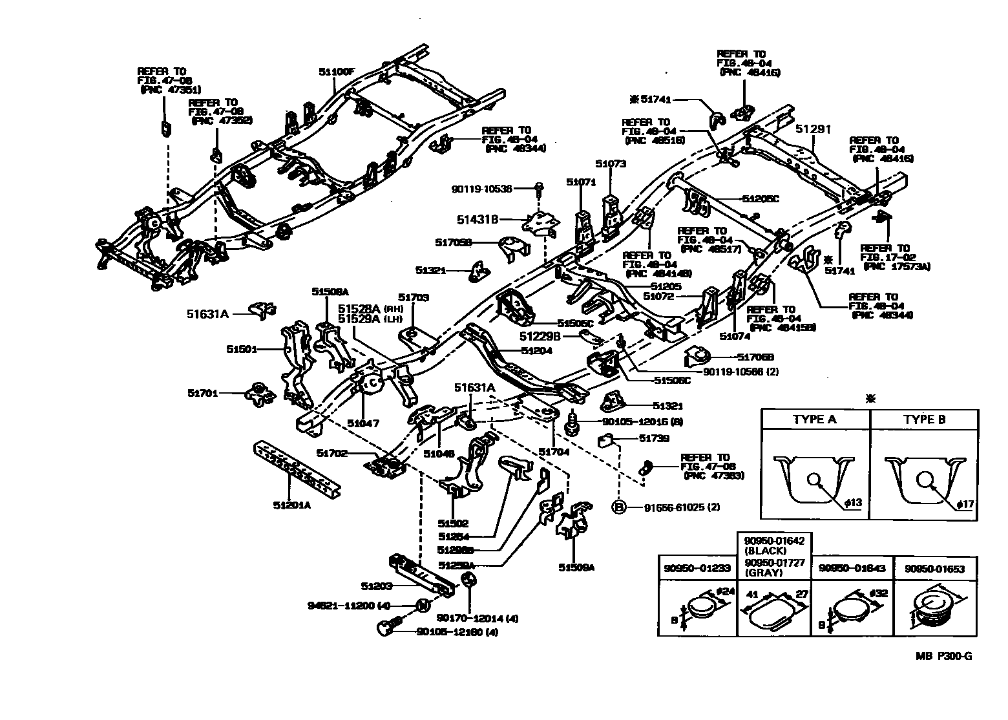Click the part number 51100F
tap(336, 72)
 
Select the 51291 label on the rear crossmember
tap(813, 129)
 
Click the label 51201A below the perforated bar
tap(291, 505)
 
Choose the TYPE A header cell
tap(814, 419)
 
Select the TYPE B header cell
tap(924, 419)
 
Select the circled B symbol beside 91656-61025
tap(619, 507)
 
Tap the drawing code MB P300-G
tap(943, 656)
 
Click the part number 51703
tap(414, 298)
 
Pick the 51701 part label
tap(203, 393)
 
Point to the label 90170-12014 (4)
tap(478, 618)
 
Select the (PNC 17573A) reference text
tap(896, 266)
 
